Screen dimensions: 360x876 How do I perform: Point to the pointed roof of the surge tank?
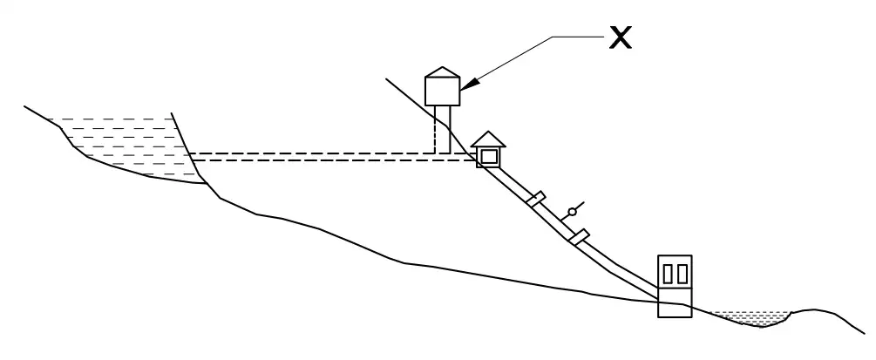click(x=441, y=72)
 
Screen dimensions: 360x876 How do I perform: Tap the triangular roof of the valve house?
click(x=488, y=139)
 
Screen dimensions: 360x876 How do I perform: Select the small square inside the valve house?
click(x=488, y=157)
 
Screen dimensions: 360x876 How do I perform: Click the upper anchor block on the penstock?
click(x=536, y=200)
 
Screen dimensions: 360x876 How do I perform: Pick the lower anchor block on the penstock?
click(x=578, y=235)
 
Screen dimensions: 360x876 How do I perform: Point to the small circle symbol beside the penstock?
click(x=572, y=212)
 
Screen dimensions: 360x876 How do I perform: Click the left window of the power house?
click(x=668, y=274)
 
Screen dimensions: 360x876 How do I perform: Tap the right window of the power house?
click(x=682, y=274)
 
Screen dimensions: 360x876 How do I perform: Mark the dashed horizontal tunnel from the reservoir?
click(x=331, y=157)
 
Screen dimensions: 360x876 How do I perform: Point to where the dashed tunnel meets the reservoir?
click(x=191, y=157)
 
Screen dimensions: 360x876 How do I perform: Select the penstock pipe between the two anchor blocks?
click(x=557, y=218)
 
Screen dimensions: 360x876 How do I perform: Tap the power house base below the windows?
click(x=675, y=304)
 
